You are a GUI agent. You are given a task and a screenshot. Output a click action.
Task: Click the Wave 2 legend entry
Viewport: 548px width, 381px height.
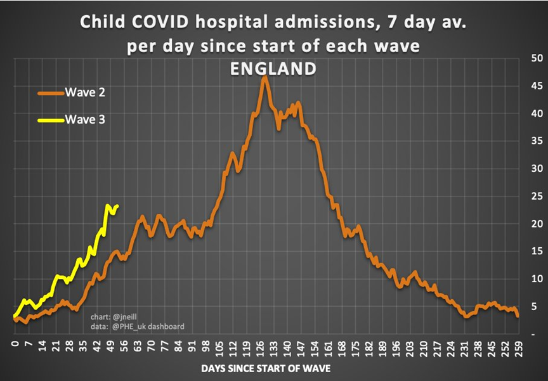[x=85, y=93]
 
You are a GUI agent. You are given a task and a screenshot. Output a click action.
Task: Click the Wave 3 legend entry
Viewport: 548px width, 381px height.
[x=85, y=119]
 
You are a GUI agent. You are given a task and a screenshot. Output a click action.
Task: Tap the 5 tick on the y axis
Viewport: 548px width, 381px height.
[x=535, y=306]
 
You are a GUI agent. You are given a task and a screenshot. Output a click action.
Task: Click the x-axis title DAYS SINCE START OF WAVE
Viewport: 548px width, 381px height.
[x=266, y=368]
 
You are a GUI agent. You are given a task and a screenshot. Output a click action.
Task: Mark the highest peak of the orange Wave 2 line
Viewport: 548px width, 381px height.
[x=265, y=77]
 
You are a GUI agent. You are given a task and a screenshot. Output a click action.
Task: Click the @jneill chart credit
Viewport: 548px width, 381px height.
[x=119, y=317]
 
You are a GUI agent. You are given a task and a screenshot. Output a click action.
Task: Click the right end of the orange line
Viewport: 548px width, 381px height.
[x=518, y=315]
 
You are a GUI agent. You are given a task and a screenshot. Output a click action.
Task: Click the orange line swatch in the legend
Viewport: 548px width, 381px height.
[x=51, y=93]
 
